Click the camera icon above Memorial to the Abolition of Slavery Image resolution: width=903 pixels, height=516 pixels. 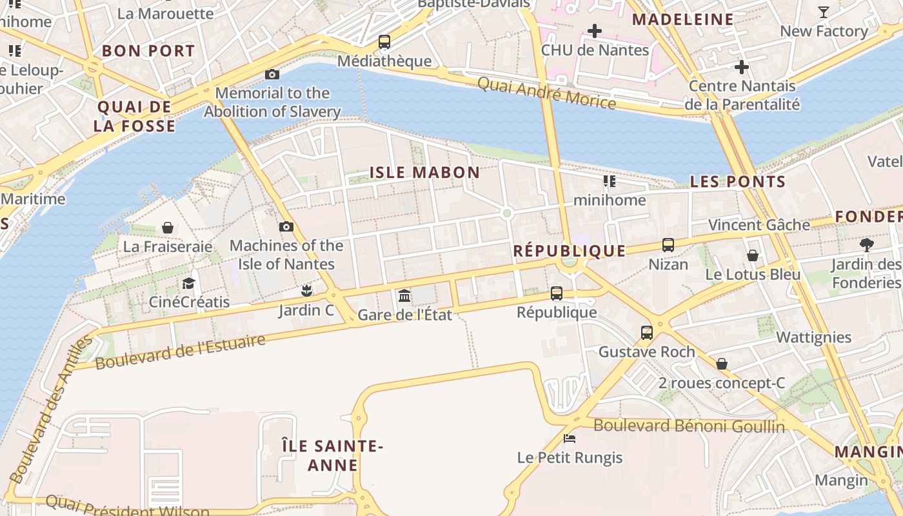point(272,75)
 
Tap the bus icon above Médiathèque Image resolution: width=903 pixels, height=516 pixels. point(384,42)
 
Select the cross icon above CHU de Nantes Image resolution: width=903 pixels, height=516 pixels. point(595,31)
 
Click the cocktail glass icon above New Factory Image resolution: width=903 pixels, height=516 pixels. point(824,12)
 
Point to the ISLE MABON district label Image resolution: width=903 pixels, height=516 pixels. point(424,172)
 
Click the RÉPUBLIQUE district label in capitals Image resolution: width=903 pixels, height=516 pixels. point(569,251)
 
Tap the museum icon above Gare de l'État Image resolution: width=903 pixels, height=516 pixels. point(404,295)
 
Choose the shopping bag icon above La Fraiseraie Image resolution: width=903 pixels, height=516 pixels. point(168,228)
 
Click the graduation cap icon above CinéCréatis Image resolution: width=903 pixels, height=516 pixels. point(189,283)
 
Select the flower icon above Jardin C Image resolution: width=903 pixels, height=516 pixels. point(306,291)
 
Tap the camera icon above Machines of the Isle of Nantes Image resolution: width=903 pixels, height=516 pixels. point(286,227)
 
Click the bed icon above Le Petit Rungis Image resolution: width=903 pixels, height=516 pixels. point(570,439)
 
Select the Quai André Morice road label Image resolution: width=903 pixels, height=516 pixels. point(546,93)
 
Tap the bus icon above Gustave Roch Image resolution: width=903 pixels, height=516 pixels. point(647,333)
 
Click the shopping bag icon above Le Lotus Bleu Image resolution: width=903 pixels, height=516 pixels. point(753,255)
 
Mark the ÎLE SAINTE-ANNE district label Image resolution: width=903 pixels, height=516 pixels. point(333,455)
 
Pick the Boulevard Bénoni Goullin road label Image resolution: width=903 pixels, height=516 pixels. point(689,426)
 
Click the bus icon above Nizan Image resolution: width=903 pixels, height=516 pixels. point(668,245)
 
